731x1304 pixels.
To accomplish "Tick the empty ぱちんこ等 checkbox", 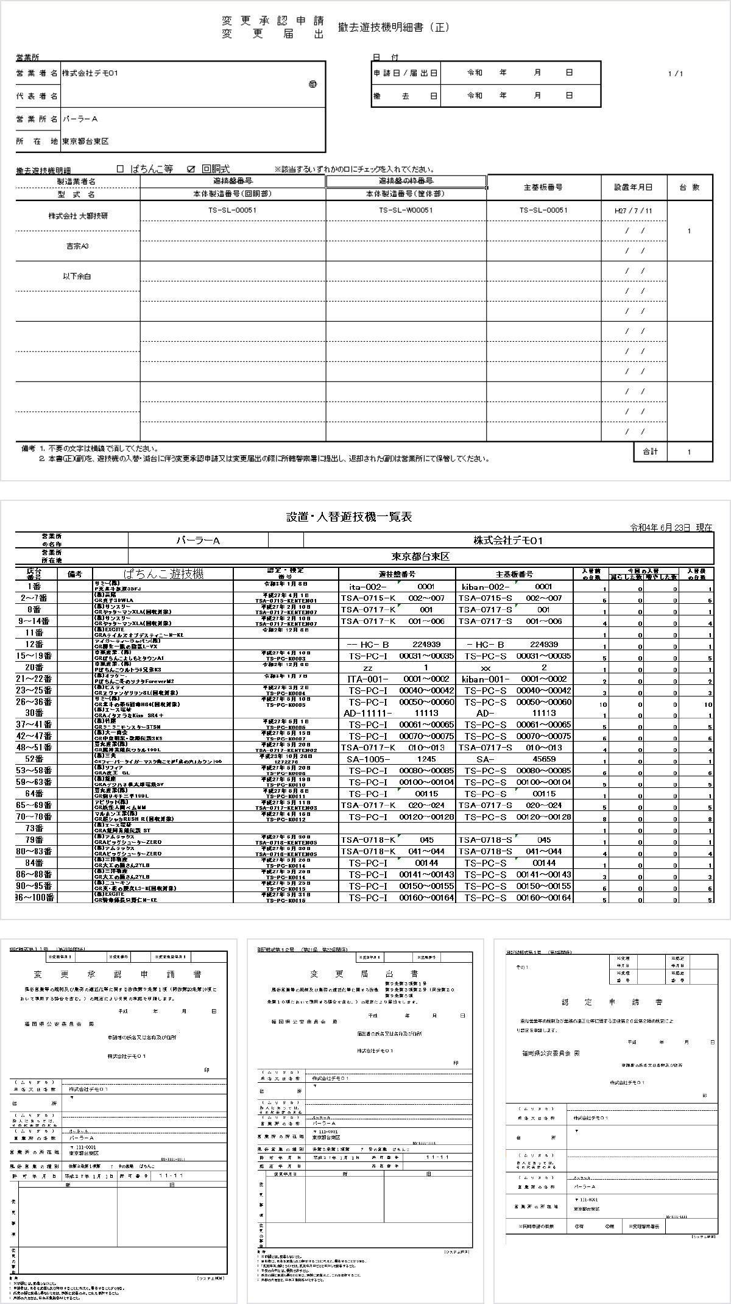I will click(120, 169).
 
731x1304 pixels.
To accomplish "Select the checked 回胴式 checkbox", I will click(191, 169).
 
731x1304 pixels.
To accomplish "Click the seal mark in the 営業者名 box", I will click(313, 84).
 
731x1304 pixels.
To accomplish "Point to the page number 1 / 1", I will click(675, 74).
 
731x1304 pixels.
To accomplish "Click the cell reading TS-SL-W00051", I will click(406, 210).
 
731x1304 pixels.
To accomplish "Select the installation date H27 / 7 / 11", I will click(634, 211).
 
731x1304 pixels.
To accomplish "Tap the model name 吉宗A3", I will click(77, 246).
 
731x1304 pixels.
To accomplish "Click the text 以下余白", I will click(77, 276).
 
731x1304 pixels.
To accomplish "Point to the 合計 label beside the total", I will click(650, 452).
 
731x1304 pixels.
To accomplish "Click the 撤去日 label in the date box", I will click(405, 96).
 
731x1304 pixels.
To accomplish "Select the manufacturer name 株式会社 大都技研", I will click(78, 216).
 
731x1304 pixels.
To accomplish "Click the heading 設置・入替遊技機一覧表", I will click(349, 517).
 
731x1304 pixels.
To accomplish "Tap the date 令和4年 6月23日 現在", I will click(671, 528).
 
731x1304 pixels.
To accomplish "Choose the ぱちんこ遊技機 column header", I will click(163, 574).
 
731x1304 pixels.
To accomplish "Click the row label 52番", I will click(34, 759).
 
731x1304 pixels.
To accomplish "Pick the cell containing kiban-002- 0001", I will click(514, 587).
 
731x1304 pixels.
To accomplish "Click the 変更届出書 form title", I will click(364, 973).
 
